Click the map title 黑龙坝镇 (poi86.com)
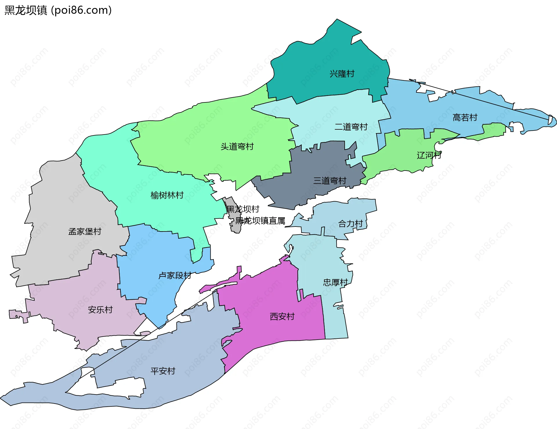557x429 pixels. pos(58,10)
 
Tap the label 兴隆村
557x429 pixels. pos(342,74)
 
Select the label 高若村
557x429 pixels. pos(465,117)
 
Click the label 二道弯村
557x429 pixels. pos(351,127)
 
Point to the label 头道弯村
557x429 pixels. pos(237,146)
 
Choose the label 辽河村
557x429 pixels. pos(429,155)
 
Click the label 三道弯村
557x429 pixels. pos(330,181)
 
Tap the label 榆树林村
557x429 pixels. pos(167,195)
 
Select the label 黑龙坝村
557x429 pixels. pos(243,209)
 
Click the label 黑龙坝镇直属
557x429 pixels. pos(260,221)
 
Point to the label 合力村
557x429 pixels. pos(350,224)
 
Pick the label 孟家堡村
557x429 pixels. pos(85,231)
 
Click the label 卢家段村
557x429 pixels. pos(175,275)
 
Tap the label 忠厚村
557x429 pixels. pos(335,282)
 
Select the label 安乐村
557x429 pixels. pos(100,310)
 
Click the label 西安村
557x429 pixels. pos(282,316)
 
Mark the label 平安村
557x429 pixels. pos(163,371)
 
